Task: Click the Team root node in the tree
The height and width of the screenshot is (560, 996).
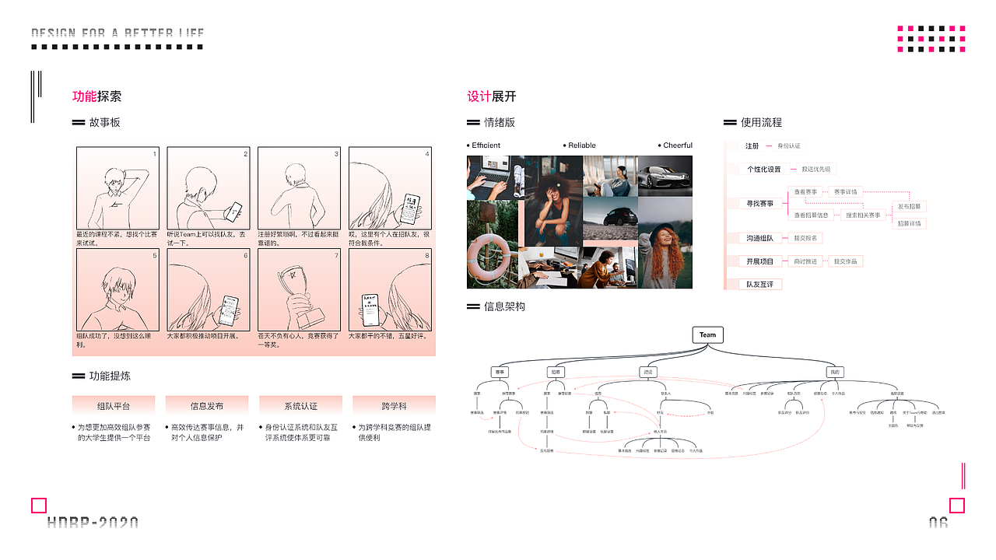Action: point(707,335)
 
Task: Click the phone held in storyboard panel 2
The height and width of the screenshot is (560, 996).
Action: point(233,210)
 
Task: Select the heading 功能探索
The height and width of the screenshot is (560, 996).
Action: point(96,96)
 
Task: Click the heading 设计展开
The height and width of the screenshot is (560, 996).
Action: point(491,96)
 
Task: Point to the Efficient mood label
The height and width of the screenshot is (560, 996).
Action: point(486,145)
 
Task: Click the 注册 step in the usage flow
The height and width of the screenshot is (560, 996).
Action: point(752,146)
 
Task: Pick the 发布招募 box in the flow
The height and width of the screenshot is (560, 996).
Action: point(909,207)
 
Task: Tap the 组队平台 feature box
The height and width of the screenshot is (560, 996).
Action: point(114,406)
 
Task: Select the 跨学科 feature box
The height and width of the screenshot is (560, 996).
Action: point(394,406)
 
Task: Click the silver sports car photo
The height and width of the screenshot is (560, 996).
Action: point(665,177)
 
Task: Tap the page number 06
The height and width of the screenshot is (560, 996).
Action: point(938,523)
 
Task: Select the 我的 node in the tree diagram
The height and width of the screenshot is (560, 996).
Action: point(834,373)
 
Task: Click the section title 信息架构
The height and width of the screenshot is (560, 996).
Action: point(504,306)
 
